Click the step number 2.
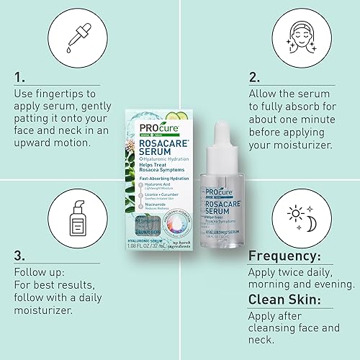click(x=253, y=77)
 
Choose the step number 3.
click(x=19, y=256)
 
